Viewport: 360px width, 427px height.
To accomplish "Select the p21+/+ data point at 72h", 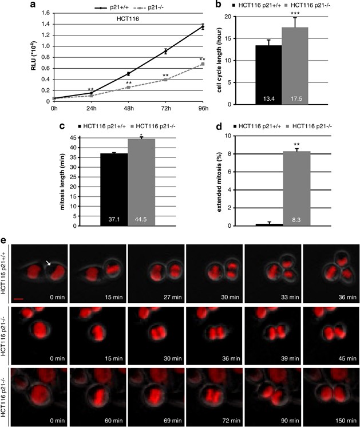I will pos(165,52).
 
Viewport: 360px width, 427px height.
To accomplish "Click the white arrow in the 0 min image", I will pos(49,263).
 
